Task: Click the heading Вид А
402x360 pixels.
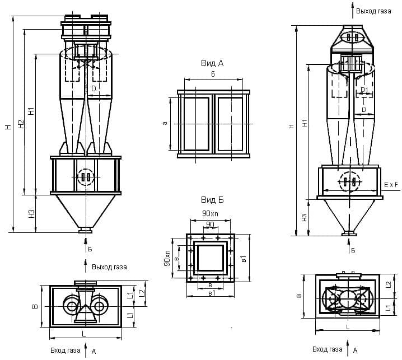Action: coord(212,63)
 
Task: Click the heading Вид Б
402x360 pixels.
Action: coord(212,200)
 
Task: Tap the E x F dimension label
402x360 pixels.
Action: coord(391,184)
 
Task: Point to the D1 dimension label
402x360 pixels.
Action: coord(364,90)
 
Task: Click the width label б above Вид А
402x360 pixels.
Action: coord(213,74)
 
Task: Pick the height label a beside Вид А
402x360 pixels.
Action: coord(165,123)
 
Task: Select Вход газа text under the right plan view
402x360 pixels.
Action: coord(328,350)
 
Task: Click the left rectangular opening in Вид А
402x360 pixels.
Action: coord(195,123)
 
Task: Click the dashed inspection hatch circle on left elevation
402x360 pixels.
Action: coord(86,177)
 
